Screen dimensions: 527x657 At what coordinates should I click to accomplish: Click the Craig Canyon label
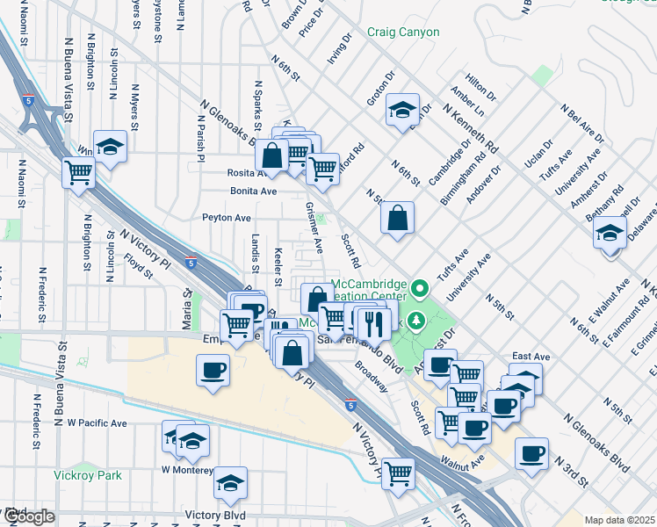coord(404,32)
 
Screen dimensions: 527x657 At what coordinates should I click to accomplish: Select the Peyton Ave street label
coord(227,217)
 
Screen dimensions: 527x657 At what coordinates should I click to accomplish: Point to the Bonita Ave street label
coord(253,191)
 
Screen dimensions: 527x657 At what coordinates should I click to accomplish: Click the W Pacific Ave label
coord(97,422)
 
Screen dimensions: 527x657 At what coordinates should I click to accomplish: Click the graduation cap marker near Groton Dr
coord(402,109)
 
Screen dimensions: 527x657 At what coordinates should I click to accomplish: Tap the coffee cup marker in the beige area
coord(212,369)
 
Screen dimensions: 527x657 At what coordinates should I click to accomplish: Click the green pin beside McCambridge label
coord(421,287)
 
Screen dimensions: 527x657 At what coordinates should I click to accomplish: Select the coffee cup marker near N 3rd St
coord(531,453)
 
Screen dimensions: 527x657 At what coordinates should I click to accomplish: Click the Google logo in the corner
coord(27,516)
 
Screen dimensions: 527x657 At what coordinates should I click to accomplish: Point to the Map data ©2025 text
coord(619,520)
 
